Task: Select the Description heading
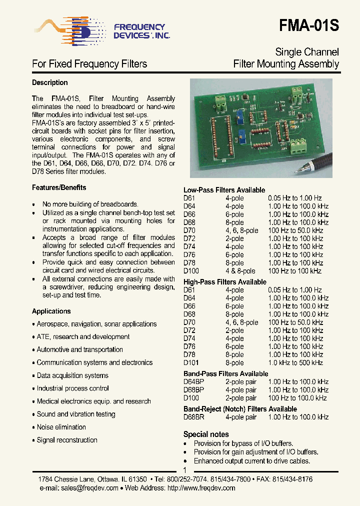pyautogui.click(x=49, y=82)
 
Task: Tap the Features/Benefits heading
pyautogui.click(x=59, y=187)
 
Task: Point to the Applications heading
pyautogui.click(x=51, y=311)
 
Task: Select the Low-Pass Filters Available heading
pyautogui.click(x=224, y=190)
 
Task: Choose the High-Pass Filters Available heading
pyautogui.click(x=224, y=282)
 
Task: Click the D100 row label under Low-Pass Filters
pyautogui.click(x=191, y=271)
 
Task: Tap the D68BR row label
pyautogui.click(x=194, y=417)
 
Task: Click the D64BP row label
pyautogui.click(x=194, y=382)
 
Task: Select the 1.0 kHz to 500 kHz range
pyautogui.click(x=295, y=362)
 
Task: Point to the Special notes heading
pyautogui.click(x=206, y=434)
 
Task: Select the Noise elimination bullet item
pyautogui.click(x=61, y=427)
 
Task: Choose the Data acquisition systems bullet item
pyautogui.click(x=72, y=375)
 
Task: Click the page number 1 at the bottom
pyautogui.click(x=184, y=470)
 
